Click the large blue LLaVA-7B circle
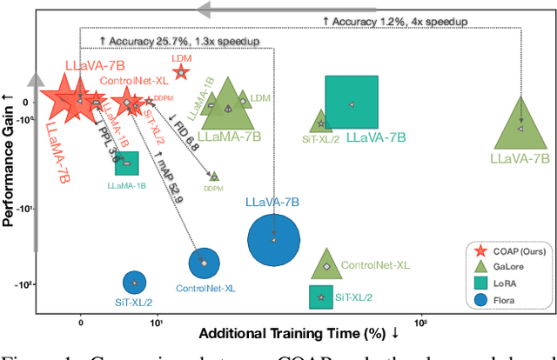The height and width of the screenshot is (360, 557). pos(273,240)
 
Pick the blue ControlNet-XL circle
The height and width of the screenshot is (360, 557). pos(205,262)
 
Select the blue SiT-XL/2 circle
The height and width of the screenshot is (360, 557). pos(134,282)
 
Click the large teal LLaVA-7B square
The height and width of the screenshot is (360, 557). pos(352,103)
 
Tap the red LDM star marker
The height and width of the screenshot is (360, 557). pos(181,73)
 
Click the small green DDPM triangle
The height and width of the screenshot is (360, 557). pos(213,177)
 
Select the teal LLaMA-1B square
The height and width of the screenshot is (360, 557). pos(127,163)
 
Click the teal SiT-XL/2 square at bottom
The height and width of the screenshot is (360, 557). pos(322,297)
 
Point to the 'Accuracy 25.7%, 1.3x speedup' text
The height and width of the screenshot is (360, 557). pos(163,41)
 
